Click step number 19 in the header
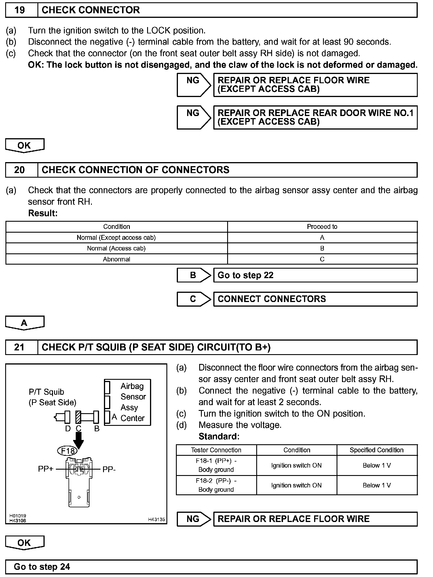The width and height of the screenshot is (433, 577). [x=20, y=10]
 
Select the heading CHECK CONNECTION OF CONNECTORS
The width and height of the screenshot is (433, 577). [x=135, y=170]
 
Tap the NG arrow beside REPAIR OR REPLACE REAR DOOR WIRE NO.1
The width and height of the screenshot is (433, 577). [x=194, y=117]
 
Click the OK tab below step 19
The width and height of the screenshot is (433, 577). [x=24, y=145]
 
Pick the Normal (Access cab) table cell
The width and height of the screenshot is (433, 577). [x=116, y=248]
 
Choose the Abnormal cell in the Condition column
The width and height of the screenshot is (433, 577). [x=116, y=259]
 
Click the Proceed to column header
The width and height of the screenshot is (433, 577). [x=322, y=227]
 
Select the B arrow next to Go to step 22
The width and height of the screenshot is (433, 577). [x=194, y=275]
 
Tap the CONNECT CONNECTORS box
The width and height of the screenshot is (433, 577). [x=315, y=299]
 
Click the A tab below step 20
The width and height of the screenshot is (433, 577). [x=24, y=323]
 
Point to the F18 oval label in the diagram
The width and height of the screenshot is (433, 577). [x=68, y=451]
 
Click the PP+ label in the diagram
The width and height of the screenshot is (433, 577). [x=45, y=469]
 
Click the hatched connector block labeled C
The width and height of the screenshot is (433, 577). [x=78, y=417]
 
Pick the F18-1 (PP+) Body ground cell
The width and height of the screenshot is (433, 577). [x=216, y=465]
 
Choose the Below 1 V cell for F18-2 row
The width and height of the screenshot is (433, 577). [x=377, y=485]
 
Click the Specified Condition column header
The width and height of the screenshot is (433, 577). [x=377, y=450]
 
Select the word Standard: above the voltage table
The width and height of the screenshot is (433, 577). [x=219, y=436]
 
